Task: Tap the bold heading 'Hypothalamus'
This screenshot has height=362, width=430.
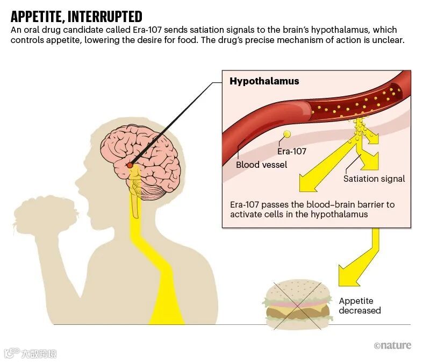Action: [x=264, y=82]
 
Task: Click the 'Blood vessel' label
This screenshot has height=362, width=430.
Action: [x=261, y=165]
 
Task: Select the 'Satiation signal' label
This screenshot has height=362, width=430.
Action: [x=374, y=179]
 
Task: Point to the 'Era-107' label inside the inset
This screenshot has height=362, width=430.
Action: [x=292, y=151]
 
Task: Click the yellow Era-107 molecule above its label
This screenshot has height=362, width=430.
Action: [x=287, y=133]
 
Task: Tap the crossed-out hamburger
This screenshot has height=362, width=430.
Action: [x=297, y=304]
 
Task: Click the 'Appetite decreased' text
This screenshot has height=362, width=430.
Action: [x=360, y=306]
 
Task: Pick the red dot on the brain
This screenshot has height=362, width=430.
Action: [x=130, y=165]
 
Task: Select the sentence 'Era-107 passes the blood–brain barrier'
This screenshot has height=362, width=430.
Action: [x=312, y=204]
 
